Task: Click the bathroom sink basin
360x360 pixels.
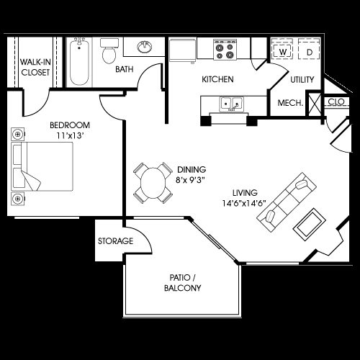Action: click(143, 48)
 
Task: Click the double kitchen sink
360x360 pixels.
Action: click(229, 104)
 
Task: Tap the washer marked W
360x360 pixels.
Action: click(283, 52)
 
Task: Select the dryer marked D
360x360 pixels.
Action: click(309, 52)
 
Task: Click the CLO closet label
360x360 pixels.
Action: click(335, 102)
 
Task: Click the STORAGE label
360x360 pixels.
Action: click(115, 240)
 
